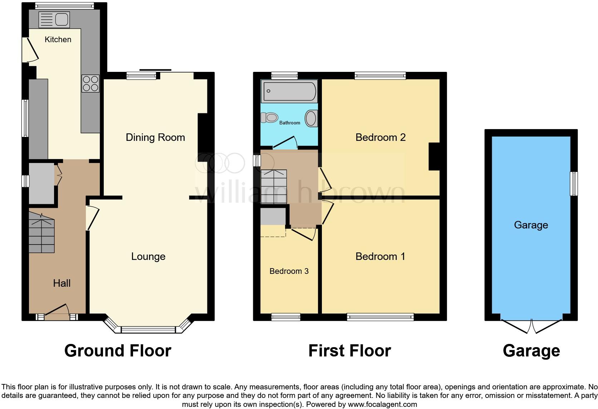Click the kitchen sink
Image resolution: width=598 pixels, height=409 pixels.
click(54, 19)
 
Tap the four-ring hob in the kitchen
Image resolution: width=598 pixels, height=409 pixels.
click(90, 83)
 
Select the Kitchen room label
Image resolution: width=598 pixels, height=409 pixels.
click(58, 39)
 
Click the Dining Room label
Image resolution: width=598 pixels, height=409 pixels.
click(155, 137)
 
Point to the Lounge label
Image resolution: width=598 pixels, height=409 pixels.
click(148, 256)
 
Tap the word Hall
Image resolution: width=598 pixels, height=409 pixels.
click(62, 283)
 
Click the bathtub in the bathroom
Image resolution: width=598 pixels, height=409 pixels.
click(289, 91)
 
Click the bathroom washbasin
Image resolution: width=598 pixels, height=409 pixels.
click(311, 118)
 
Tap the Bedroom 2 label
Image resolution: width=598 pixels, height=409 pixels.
click(380, 137)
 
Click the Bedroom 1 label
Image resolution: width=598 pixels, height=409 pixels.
click(380, 256)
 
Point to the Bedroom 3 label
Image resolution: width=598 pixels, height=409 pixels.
click(289, 271)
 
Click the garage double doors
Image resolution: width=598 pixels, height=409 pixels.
click(531, 326)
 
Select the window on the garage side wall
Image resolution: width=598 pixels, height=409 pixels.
click(574, 183)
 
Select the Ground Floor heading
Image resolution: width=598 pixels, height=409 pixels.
click(118, 351)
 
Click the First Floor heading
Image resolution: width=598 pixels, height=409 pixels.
click(349, 351)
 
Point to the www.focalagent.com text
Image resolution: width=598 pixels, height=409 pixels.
click(382, 405)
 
